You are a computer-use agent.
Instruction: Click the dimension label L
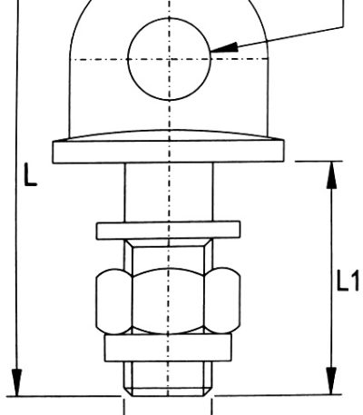point(30,174)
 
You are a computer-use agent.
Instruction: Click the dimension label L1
point(348,281)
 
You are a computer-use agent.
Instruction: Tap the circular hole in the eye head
point(169,59)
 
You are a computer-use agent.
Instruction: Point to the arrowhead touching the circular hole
point(223,48)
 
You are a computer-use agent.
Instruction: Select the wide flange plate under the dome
point(168,152)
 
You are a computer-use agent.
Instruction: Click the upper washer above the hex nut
point(168,231)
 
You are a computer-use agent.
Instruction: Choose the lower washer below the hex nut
point(168,348)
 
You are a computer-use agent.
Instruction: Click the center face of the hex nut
point(168,301)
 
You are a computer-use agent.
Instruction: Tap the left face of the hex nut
point(113,301)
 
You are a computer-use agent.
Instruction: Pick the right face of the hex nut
point(222,301)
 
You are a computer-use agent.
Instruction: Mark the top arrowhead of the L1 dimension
point(332,175)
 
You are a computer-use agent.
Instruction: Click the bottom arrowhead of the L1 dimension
point(332,380)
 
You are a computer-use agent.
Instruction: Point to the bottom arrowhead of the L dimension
point(17,382)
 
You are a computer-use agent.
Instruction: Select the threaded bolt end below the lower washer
point(168,379)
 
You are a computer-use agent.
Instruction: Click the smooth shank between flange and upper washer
point(169,193)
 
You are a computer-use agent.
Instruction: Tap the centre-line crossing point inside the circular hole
point(169,59)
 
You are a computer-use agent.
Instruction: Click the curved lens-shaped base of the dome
point(168,135)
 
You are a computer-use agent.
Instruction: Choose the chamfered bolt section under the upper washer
point(168,254)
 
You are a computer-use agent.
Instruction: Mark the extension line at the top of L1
point(319,162)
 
